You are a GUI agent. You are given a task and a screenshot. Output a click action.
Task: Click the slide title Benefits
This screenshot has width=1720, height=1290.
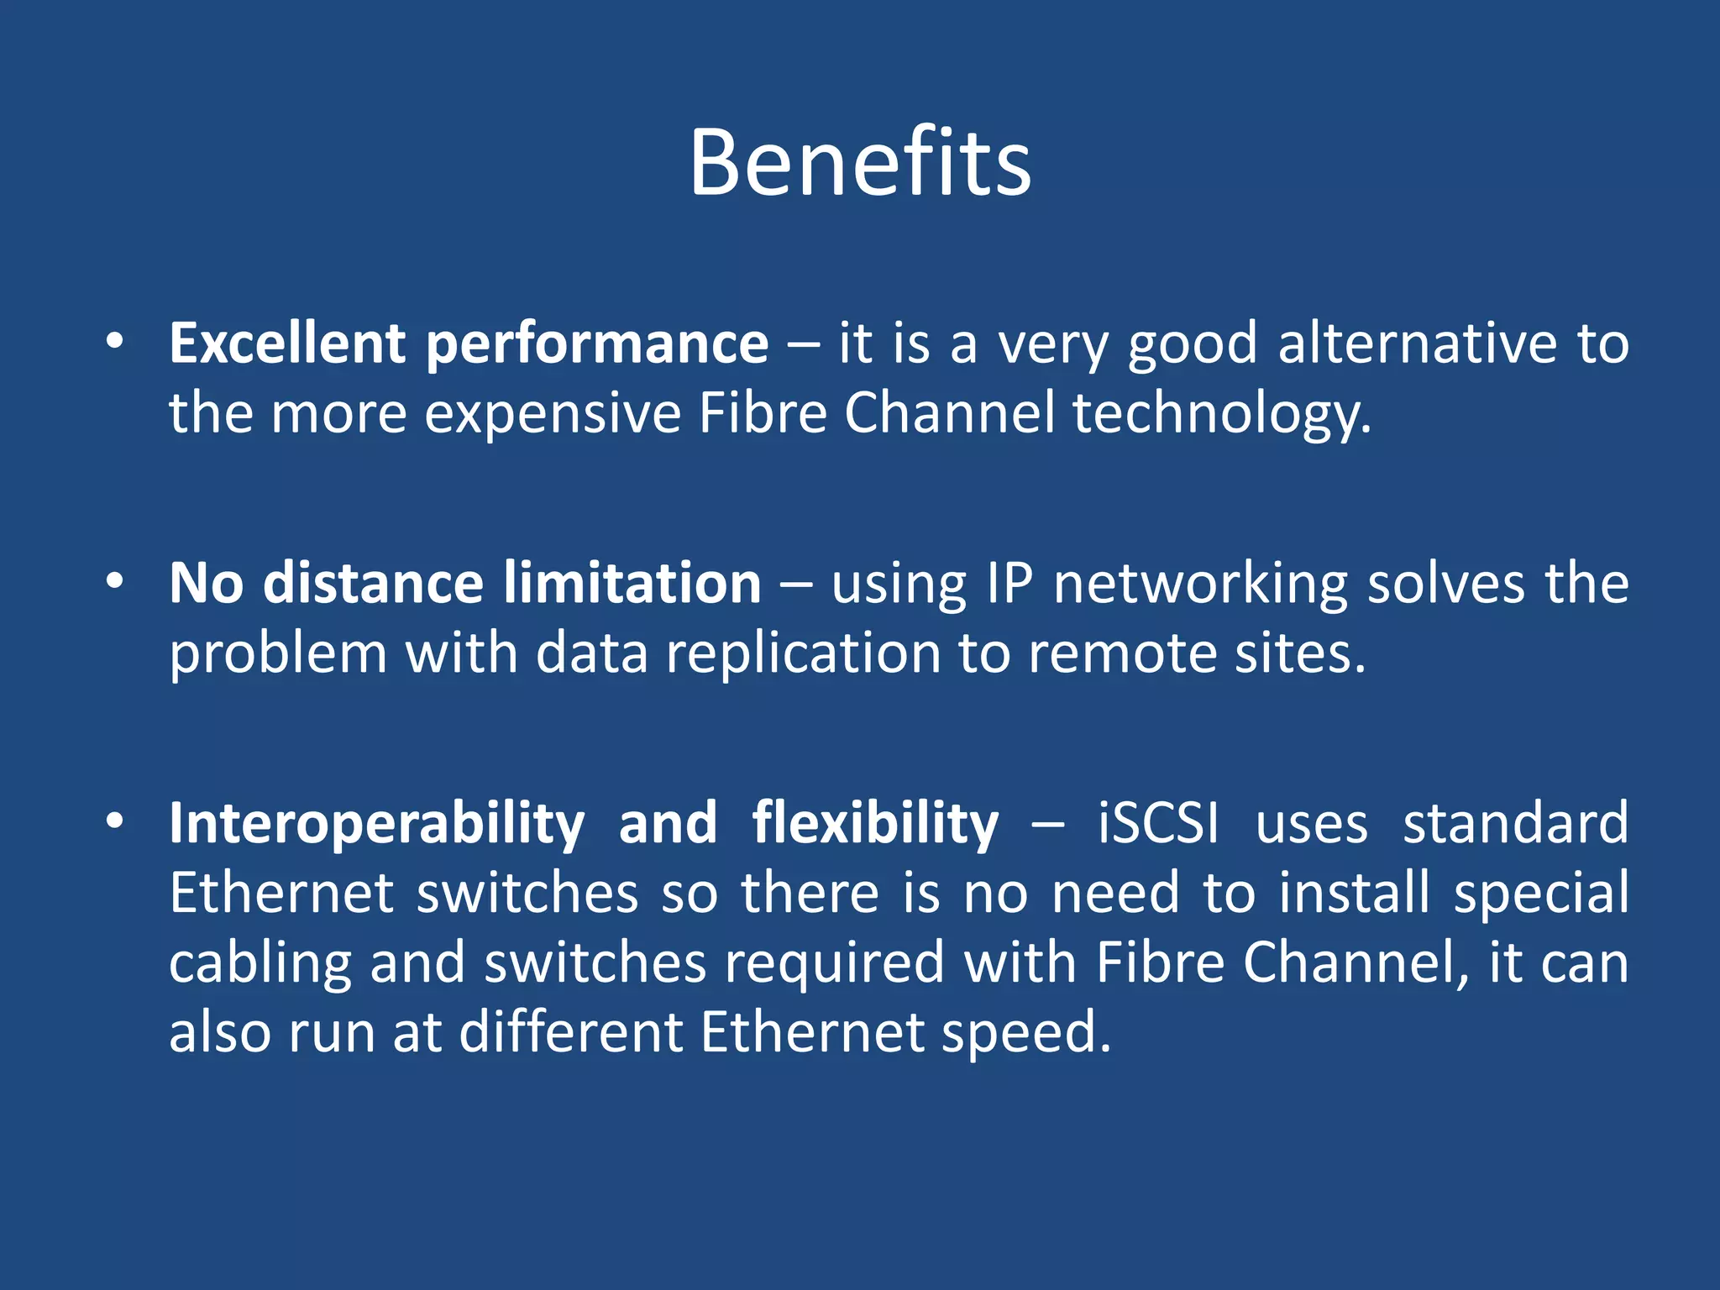pos(860,163)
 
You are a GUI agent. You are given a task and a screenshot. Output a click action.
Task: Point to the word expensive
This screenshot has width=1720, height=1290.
pos(553,415)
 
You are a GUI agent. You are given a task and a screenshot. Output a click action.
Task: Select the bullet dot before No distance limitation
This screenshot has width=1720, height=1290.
pos(115,582)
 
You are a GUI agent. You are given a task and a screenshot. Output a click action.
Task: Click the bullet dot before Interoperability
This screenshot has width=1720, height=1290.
pos(115,821)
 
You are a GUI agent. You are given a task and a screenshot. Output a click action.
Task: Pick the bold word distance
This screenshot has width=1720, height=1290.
pos(373,583)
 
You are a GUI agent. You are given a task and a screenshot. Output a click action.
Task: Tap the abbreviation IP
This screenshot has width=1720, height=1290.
pos(1009,583)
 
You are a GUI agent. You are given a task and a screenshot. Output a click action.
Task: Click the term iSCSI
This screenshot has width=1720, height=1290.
pos(1158,822)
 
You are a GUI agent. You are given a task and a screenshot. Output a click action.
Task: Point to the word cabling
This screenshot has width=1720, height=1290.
pos(260,964)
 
